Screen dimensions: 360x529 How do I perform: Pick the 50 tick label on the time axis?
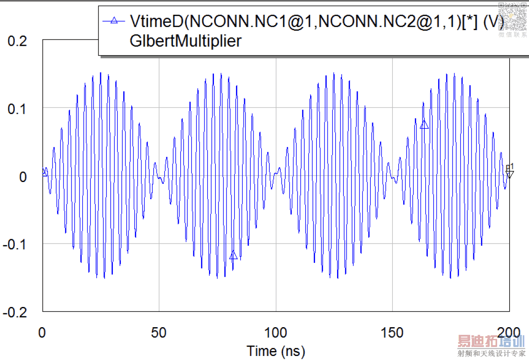[159, 333]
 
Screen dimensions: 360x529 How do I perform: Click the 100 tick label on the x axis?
[276, 333]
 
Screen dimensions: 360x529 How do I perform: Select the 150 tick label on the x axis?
[393, 333]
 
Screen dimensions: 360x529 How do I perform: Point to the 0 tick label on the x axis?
[42, 333]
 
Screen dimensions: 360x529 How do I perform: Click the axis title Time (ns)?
[276, 350]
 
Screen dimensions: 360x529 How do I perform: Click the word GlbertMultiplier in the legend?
[185, 41]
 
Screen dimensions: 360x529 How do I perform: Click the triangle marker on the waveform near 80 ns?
[233, 256]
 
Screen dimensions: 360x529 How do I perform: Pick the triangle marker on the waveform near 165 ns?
[424, 125]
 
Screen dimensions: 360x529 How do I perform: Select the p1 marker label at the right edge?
[510, 167]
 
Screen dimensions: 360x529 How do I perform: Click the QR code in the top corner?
[512, 16]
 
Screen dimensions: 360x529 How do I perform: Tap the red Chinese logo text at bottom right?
[491, 342]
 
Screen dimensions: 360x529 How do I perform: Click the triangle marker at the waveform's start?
[44, 173]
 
